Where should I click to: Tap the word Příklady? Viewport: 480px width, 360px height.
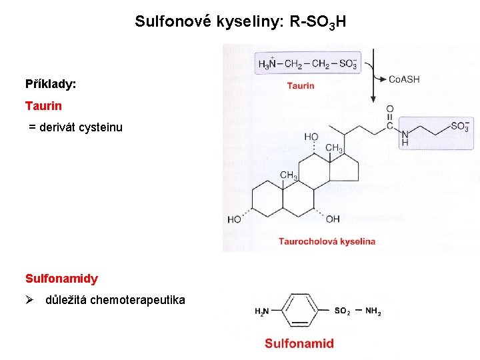coord(51,85)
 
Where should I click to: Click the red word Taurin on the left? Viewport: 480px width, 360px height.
coord(43,106)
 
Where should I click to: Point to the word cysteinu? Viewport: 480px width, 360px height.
coord(99,127)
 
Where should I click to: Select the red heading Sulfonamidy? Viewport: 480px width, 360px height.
coord(61,279)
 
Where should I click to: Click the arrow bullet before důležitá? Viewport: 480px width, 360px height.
coord(31,300)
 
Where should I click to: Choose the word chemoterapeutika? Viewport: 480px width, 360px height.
coord(139,300)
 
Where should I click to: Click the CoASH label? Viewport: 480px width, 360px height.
coord(404,79)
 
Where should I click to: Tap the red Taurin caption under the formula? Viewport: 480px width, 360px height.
coord(301,86)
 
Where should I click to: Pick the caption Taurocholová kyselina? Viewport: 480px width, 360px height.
coord(327,241)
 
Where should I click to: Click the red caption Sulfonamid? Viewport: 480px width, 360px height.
coord(299,344)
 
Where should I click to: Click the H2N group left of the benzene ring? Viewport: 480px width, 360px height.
coord(262,311)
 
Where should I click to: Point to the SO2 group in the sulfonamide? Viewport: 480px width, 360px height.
coord(342,311)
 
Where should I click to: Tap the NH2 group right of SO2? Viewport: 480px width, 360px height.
coord(373,311)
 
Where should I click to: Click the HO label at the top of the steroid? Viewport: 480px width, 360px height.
coord(311,137)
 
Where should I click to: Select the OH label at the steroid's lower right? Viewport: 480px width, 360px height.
coord(333,219)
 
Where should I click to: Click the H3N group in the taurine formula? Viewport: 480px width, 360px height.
coord(267,64)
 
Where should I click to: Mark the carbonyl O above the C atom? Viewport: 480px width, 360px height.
coord(390,109)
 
